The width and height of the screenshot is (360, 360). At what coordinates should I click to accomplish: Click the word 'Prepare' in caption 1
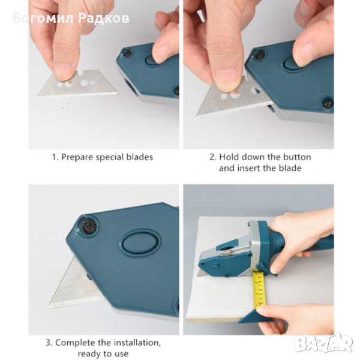point(77,157)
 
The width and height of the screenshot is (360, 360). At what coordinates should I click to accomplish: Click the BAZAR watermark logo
point(323,343)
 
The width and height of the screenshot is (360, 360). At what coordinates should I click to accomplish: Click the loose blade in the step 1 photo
point(78,83)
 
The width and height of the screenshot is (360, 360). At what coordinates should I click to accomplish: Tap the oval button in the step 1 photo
point(152,60)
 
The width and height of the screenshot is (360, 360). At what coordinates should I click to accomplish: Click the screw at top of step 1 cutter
point(127,53)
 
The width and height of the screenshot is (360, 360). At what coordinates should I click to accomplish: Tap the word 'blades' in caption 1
point(140,157)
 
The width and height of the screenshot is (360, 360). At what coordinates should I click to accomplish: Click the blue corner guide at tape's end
point(251,316)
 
